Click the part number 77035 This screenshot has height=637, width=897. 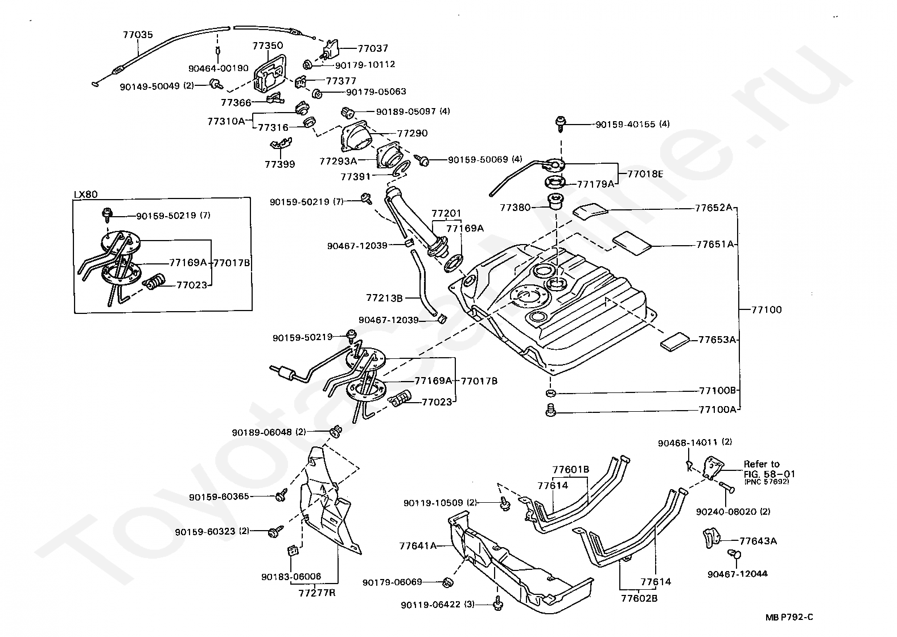pyautogui.click(x=138, y=35)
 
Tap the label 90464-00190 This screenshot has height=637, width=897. pyautogui.click(x=218, y=68)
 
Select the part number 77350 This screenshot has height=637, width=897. pyautogui.click(x=268, y=45)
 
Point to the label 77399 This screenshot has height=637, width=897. pyautogui.click(x=279, y=164)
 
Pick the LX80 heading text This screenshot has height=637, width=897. pyautogui.click(x=86, y=195)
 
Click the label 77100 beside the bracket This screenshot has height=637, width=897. pyautogui.click(x=766, y=310)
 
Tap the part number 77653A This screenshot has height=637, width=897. pyautogui.click(x=717, y=340)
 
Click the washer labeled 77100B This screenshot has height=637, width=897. pyautogui.click(x=550, y=392)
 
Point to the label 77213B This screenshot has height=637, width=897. pyautogui.click(x=384, y=297)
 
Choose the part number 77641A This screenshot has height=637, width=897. pyautogui.click(x=418, y=546)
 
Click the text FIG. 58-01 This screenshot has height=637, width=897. pyautogui.click(x=770, y=474)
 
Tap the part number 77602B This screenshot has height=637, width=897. pyautogui.click(x=639, y=598)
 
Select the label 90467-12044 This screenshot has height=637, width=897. pyautogui.click(x=737, y=574)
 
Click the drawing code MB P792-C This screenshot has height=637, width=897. pyautogui.click(x=789, y=617)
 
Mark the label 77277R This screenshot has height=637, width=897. pyautogui.click(x=317, y=593)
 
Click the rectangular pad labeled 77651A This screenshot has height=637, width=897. pyautogui.click(x=632, y=243)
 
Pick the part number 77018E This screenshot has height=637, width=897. pyautogui.click(x=645, y=174)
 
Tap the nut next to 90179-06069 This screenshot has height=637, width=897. pyautogui.click(x=447, y=582)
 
